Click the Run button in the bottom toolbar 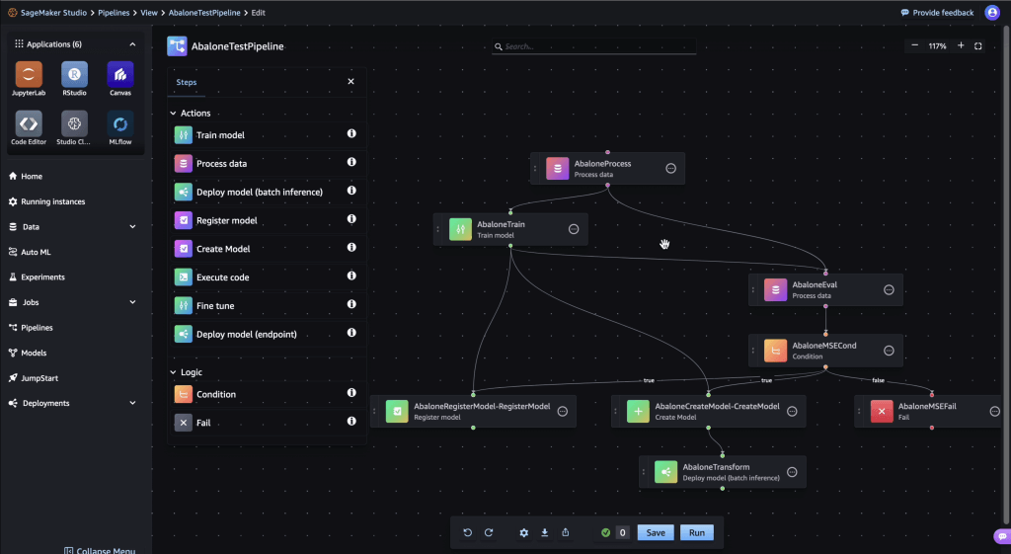(x=696, y=532)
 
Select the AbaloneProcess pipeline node (x=607, y=169)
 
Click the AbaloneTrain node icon (x=460, y=229)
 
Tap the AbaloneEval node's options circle (x=889, y=290)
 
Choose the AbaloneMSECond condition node (x=825, y=351)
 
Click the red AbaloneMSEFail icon (x=882, y=412)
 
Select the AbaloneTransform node (x=722, y=472)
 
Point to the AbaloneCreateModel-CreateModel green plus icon (x=638, y=412)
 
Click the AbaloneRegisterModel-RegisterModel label (x=482, y=406)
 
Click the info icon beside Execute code (x=351, y=277)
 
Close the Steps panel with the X (x=350, y=81)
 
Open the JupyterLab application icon (x=29, y=74)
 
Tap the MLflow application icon (x=119, y=123)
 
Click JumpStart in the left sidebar (x=39, y=378)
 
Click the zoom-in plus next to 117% (x=961, y=45)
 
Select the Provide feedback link (x=937, y=12)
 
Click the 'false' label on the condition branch (x=878, y=380)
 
